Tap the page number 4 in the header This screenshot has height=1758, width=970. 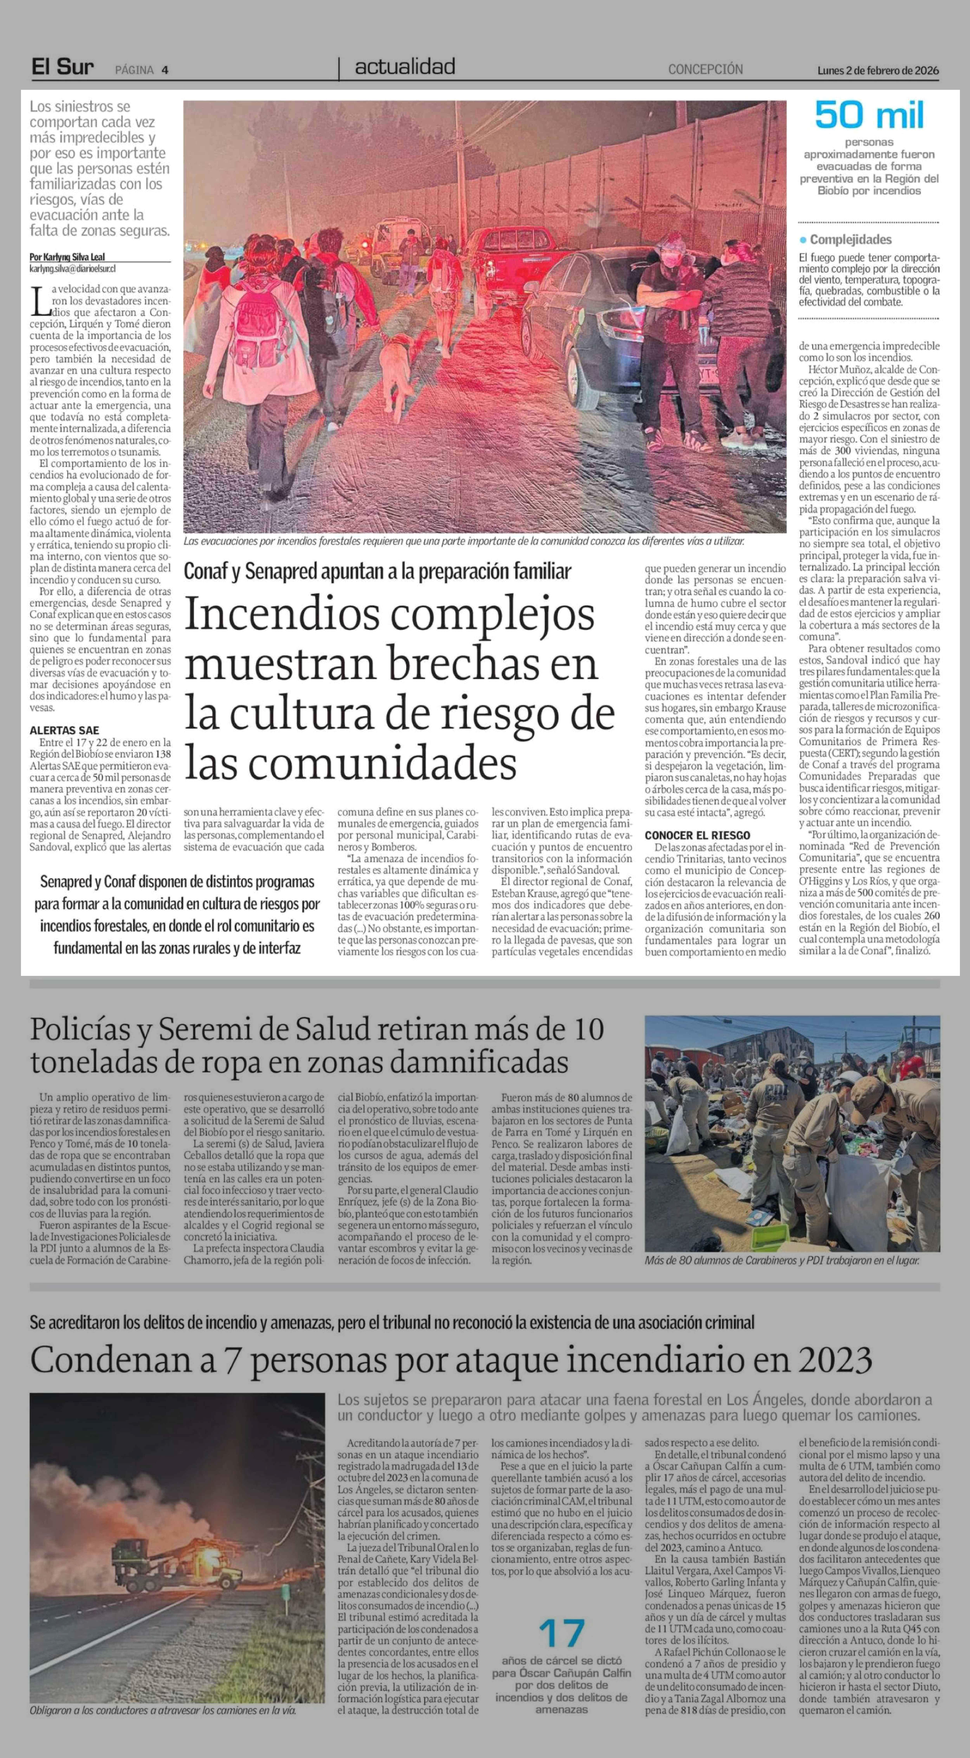coord(165,70)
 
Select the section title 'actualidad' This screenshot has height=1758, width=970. coord(405,67)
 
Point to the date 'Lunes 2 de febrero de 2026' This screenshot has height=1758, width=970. coord(878,70)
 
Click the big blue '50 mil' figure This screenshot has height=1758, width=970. coord(869,115)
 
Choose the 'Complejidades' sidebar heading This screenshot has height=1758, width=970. coord(850,240)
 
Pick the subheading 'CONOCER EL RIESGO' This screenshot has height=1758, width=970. coord(697,835)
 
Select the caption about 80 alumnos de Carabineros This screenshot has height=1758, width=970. coord(782,1260)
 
